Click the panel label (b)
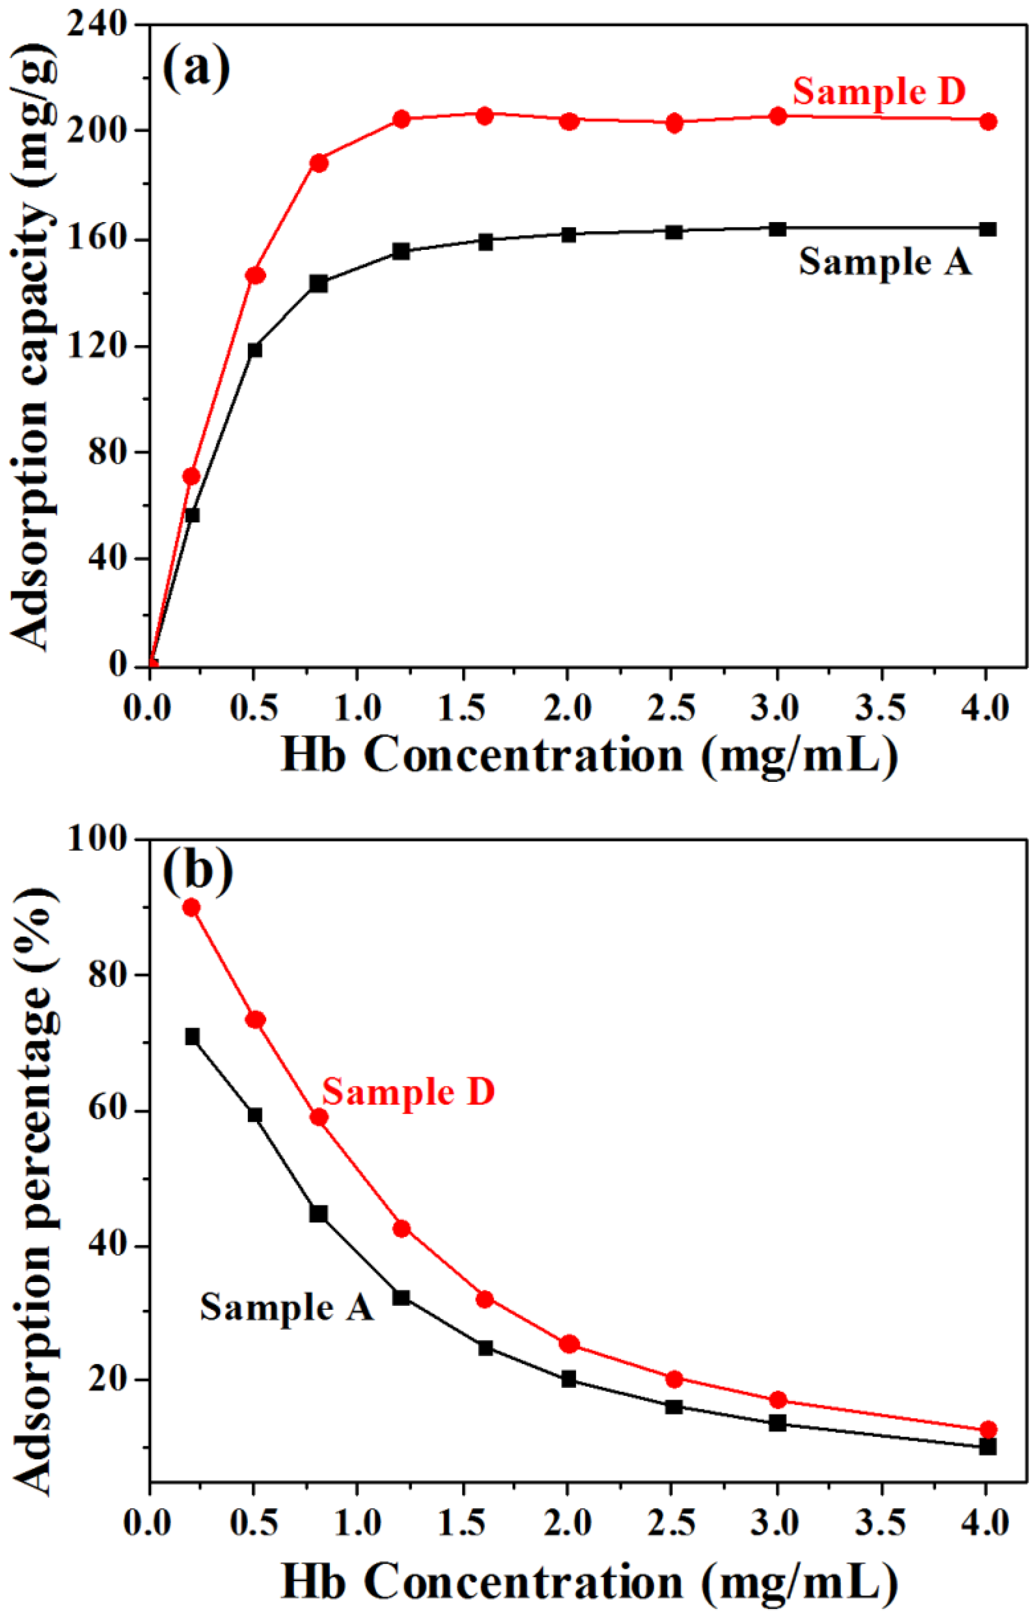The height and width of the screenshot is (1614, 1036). [x=198, y=872]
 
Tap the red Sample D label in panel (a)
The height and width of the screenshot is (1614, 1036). [x=879, y=91]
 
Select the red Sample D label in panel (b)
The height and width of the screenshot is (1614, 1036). [x=407, y=1091]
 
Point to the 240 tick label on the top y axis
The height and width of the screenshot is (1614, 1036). [x=96, y=25]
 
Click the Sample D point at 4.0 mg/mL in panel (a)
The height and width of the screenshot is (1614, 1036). [x=987, y=121]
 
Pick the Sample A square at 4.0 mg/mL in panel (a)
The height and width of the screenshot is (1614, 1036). [x=987, y=229]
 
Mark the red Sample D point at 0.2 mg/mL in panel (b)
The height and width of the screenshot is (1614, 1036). [x=192, y=908]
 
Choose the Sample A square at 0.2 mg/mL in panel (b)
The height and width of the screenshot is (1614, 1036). [x=192, y=1036]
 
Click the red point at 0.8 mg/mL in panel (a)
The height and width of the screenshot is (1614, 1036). [x=319, y=162]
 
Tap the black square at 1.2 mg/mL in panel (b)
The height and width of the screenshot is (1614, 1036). [x=401, y=1297]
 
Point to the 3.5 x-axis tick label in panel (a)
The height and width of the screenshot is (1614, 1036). [x=880, y=708]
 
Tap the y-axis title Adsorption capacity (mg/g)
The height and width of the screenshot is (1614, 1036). [x=34, y=349]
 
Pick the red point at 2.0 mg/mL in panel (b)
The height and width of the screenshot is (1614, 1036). [x=569, y=1344]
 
